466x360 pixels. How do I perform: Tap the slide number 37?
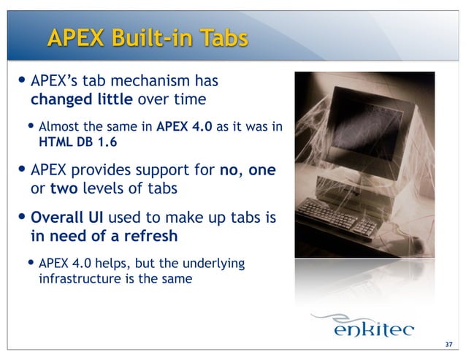point(448,345)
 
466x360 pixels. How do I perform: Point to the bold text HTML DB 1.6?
point(77,142)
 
